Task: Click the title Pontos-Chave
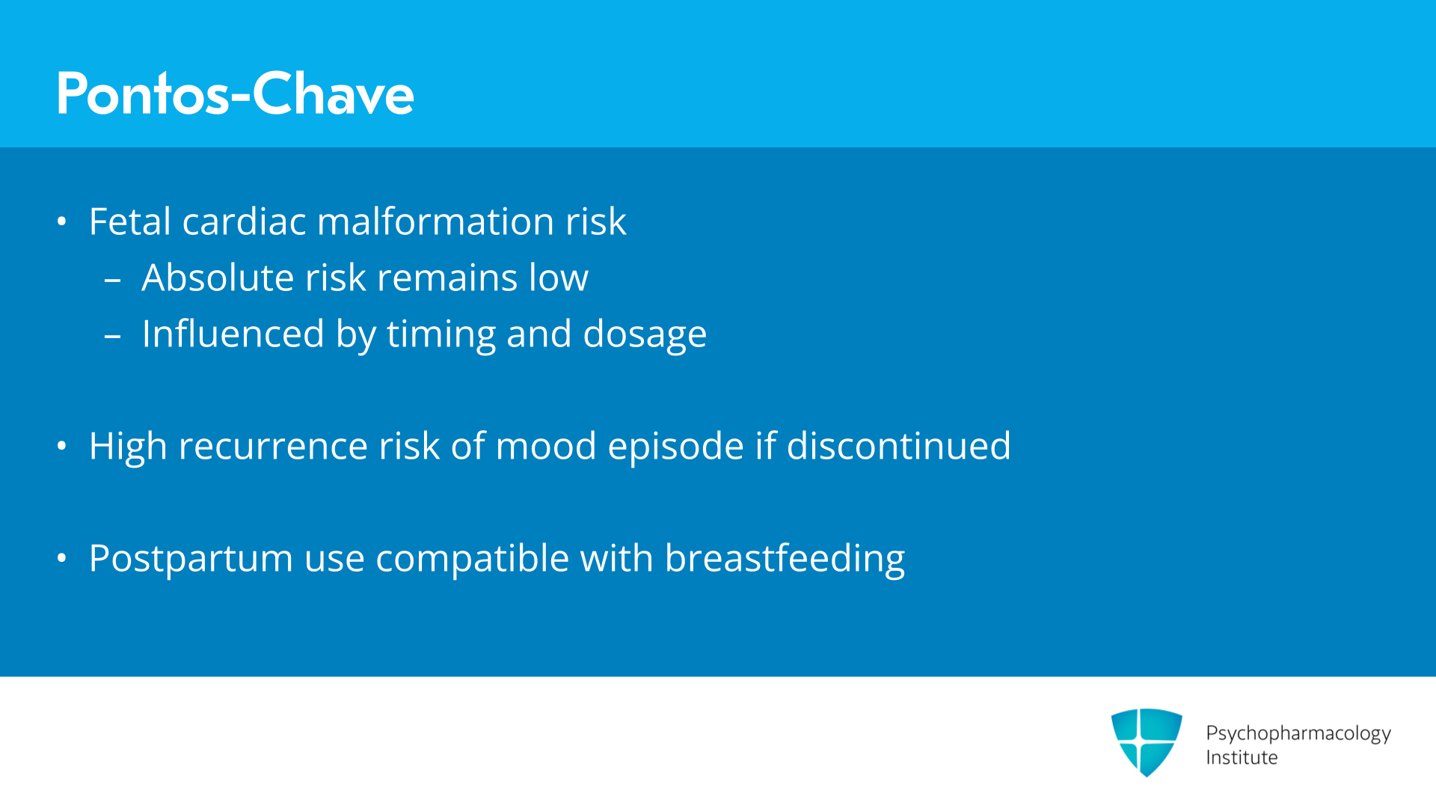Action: coord(235,94)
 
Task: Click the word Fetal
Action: coord(130,221)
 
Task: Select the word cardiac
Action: coord(244,221)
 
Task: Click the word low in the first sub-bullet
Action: coord(559,278)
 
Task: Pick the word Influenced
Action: coord(233,334)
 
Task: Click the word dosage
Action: coord(645,335)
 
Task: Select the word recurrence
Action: coord(273,447)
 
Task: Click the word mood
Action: coord(546,446)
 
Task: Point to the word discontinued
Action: coord(898,446)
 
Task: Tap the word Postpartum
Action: coord(191,559)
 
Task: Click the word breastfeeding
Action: coord(785,559)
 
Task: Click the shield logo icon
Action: coord(1147,742)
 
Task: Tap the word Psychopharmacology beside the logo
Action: coord(1298,733)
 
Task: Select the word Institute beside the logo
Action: coord(1242,757)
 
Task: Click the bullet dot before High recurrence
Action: coord(62,447)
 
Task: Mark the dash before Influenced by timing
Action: coord(113,337)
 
